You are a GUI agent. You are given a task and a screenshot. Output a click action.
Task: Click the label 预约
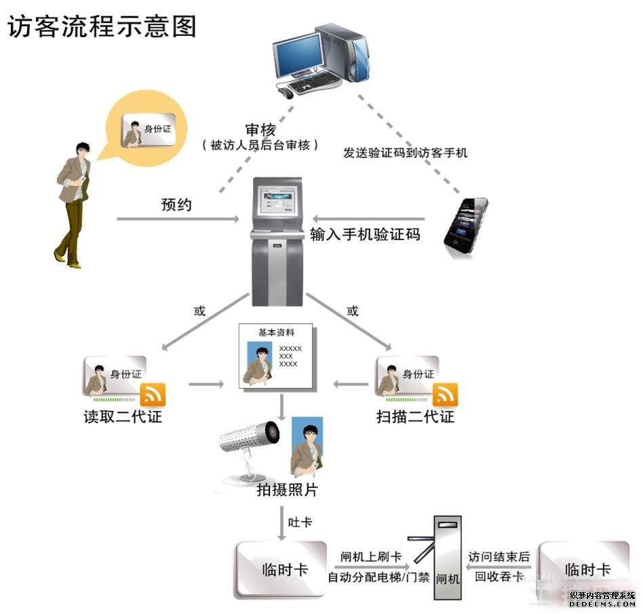(x=176, y=204)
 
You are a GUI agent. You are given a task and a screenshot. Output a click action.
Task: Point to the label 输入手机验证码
(x=365, y=235)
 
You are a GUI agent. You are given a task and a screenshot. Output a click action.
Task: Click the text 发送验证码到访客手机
(x=406, y=153)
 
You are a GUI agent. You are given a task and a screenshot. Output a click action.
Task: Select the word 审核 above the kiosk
(x=260, y=129)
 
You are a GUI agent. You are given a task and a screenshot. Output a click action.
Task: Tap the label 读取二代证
(x=123, y=416)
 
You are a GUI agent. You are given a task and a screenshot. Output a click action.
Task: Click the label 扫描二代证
(x=415, y=416)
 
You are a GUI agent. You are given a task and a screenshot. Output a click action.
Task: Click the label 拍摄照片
(x=287, y=490)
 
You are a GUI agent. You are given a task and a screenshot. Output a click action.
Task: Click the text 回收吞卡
(x=499, y=577)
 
